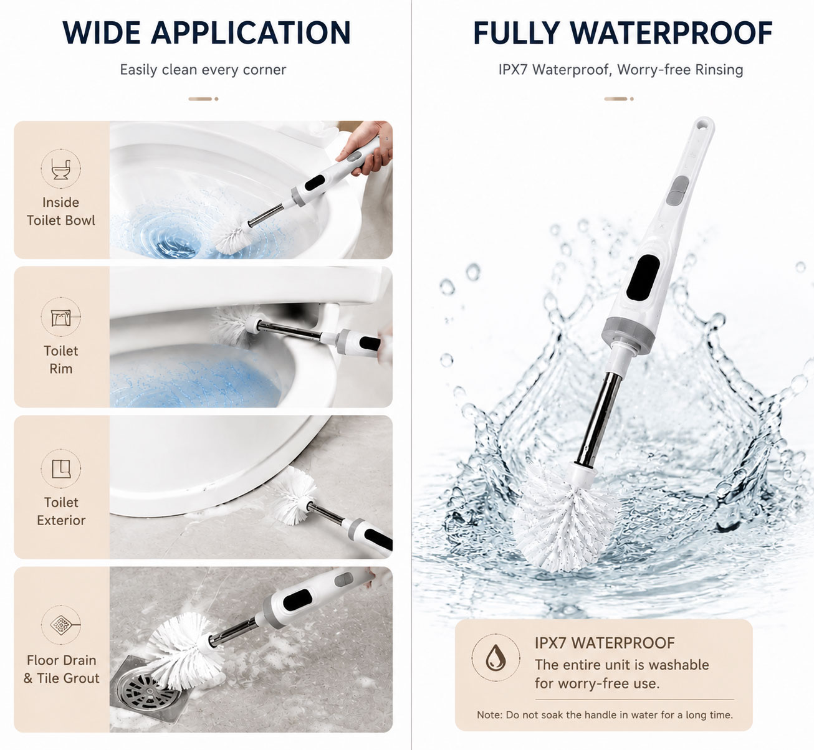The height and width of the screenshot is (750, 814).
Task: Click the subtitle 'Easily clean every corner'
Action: (x=203, y=70)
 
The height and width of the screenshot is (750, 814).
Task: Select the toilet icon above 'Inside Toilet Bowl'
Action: (x=60, y=168)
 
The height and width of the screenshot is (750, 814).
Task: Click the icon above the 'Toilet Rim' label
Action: (x=60, y=317)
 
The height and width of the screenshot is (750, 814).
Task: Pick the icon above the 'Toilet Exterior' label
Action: (x=60, y=468)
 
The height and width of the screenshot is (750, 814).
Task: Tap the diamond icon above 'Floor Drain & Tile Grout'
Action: (x=60, y=625)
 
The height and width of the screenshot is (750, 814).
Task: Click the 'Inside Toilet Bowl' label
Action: (x=60, y=211)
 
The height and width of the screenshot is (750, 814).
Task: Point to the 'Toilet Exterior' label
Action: (x=61, y=511)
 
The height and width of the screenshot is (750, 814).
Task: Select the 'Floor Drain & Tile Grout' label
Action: (x=62, y=669)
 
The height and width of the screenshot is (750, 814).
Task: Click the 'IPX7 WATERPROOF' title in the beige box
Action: (x=605, y=643)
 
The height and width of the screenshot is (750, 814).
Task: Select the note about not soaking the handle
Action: (x=605, y=714)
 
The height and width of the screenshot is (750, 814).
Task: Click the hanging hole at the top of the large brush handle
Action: (x=704, y=124)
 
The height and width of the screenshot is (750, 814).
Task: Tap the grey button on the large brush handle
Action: (x=677, y=191)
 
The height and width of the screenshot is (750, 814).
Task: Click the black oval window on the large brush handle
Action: (x=643, y=277)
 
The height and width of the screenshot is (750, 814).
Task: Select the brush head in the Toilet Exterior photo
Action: (x=294, y=495)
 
